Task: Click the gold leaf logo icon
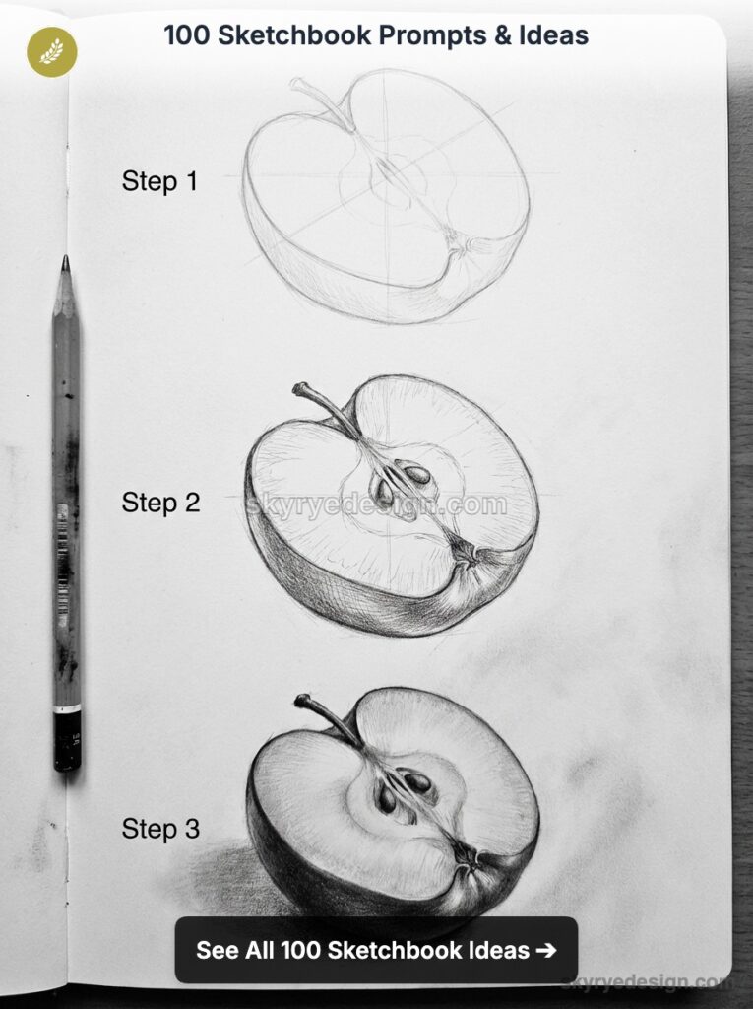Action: pyautogui.click(x=51, y=51)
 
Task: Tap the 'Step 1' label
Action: pyautogui.click(x=159, y=181)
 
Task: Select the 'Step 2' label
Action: pyautogui.click(x=160, y=503)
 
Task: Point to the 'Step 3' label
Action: pyautogui.click(x=160, y=829)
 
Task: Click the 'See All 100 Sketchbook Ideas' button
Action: pyautogui.click(x=375, y=951)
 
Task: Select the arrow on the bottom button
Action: pyautogui.click(x=545, y=951)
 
